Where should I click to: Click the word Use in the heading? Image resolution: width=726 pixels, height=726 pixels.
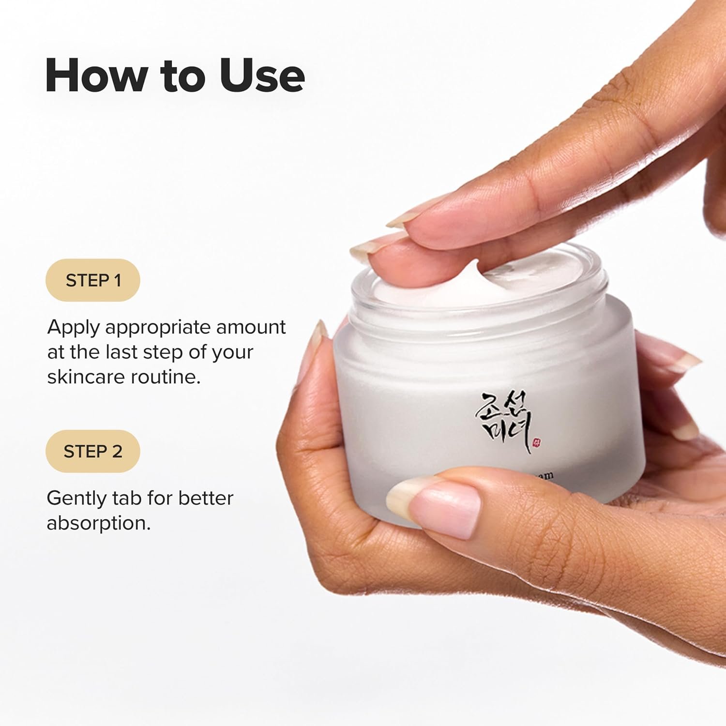tap(262, 76)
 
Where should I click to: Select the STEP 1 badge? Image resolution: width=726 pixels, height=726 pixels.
tap(93, 280)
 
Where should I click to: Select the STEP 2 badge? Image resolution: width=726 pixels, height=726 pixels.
tap(93, 451)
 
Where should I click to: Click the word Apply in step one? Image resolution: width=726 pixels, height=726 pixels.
tap(73, 328)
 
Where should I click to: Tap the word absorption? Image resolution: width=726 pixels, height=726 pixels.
tap(98, 523)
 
